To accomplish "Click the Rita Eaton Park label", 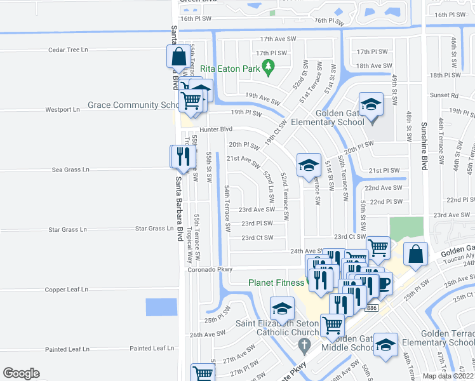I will point(231,69).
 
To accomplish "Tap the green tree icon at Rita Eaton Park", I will point(268,65).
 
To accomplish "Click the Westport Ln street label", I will point(62,110).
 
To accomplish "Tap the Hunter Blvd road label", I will point(196,128).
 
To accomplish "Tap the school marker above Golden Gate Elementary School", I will point(371,104).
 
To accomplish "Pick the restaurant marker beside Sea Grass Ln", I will point(182,157).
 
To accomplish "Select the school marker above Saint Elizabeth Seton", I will point(282,309).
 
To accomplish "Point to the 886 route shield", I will point(371,308).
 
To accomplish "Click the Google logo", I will point(21,373).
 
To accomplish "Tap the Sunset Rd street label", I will point(446,96).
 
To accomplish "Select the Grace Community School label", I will point(132,105).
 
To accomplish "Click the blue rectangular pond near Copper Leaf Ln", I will point(161,307).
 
